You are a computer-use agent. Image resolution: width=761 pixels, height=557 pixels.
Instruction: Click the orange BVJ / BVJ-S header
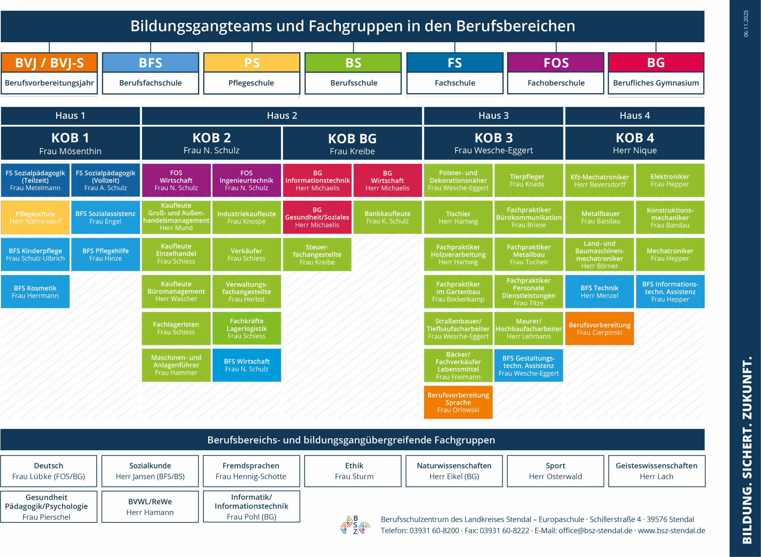coord(49,63)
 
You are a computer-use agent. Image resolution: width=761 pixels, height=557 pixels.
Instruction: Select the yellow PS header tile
coord(251,63)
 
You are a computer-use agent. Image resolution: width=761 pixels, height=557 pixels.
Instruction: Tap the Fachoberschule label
coord(556,83)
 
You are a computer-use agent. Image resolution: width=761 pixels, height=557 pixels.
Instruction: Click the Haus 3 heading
coord(493,116)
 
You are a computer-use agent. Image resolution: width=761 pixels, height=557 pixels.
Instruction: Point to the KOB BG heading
coord(352,139)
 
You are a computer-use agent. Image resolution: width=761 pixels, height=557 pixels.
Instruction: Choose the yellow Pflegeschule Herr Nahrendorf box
coord(35,217)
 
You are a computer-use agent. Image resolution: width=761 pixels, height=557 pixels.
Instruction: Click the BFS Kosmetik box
coord(35,292)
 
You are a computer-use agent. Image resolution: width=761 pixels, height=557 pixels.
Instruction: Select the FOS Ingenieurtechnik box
coord(246,181)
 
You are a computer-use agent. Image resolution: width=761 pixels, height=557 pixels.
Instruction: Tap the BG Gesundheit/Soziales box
coord(317,217)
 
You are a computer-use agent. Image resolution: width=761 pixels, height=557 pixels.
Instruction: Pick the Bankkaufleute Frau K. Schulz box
coord(387,217)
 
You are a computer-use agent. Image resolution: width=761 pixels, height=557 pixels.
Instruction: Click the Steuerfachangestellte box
coord(317,254)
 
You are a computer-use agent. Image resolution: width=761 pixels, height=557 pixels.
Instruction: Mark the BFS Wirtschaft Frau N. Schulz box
coord(246,365)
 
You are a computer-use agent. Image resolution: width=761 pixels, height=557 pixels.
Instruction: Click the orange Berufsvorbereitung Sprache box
coord(458,402)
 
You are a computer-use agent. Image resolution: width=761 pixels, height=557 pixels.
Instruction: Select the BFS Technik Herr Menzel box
coord(599,292)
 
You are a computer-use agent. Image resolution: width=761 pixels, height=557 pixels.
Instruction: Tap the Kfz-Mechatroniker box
coord(599,181)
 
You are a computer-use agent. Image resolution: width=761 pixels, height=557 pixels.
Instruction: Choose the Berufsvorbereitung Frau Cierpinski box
coord(599,329)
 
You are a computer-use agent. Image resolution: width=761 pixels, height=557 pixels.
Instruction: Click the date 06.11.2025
coord(746,23)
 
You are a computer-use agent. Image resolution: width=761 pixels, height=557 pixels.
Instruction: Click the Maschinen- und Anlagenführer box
coord(176,365)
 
